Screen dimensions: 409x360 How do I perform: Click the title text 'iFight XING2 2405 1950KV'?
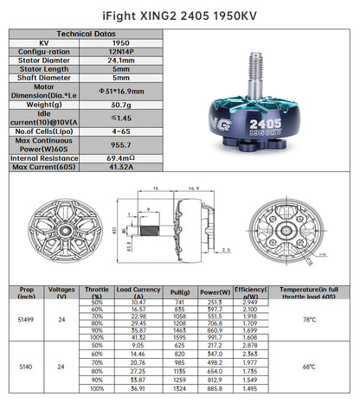(179, 13)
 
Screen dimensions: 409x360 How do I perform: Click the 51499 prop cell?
(26, 320)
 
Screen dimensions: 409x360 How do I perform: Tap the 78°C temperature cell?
(309, 320)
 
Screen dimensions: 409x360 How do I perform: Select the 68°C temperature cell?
(309, 367)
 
